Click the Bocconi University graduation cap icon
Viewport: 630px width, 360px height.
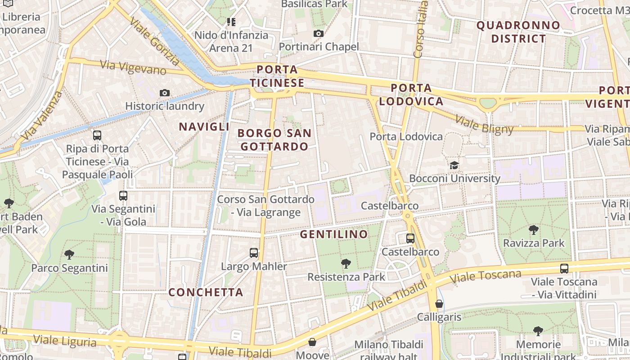(x=454, y=165)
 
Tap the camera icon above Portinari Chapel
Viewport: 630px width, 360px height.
(x=319, y=33)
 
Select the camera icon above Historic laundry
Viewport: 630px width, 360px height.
(x=165, y=93)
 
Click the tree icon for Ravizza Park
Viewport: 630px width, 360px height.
(x=534, y=230)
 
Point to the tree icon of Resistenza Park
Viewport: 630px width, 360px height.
(x=346, y=263)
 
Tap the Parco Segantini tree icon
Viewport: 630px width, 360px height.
(x=69, y=255)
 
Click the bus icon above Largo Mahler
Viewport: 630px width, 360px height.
(x=254, y=252)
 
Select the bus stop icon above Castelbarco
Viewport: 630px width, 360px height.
(x=410, y=238)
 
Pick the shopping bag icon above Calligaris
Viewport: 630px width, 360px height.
(x=439, y=304)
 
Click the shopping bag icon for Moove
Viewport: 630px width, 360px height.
(x=312, y=342)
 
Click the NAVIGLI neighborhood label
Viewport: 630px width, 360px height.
(x=204, y=126)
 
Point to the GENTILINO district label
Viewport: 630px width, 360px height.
(x=334, y=234)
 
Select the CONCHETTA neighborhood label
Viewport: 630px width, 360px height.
(x=206, y=292)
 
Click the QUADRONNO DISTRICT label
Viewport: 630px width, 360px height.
(x=518, y=32)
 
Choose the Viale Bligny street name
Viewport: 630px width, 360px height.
(x=484, y=125)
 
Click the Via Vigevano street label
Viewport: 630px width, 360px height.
(x=133, y=68)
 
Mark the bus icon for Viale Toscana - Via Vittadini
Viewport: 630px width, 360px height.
(x=564, y=269)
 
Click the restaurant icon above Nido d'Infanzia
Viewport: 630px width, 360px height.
(x=232, y=22)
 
